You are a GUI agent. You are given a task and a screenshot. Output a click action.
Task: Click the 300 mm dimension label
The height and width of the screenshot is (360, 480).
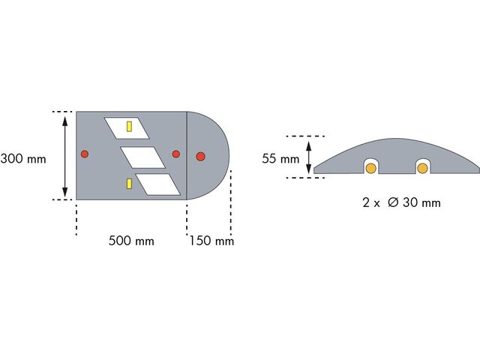(x=23, y=159)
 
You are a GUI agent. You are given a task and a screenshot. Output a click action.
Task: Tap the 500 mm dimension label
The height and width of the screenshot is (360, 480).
(x=131, y=241)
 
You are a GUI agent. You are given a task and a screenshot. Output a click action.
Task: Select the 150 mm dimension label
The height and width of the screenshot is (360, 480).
(x=211, y=241)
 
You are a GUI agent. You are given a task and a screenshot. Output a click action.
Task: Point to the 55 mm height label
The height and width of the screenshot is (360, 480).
(x=280, y=159)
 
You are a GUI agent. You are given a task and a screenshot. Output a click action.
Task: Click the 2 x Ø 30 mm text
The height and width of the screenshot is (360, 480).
(x=402, y=202)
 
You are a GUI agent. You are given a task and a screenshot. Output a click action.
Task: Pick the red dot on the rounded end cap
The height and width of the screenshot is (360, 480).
(x=200, y=157)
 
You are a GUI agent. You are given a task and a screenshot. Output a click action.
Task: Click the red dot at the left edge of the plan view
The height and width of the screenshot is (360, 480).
(x=85, y=154)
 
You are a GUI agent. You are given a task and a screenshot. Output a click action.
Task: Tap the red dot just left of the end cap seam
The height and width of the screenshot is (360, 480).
(x=176, y=154)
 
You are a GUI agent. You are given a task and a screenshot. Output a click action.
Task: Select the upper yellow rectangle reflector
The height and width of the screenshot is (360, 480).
(x=130, y=127)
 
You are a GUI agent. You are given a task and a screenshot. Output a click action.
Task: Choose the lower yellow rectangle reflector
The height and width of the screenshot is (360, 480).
(x=130, y=183)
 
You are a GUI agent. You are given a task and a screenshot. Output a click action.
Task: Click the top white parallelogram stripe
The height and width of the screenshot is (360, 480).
(x=127, y=128)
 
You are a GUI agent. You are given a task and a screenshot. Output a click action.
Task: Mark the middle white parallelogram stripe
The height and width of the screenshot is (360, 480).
(x=142, y=157)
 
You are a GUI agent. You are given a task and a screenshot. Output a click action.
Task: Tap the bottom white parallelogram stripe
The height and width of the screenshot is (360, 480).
(x=158, y=184)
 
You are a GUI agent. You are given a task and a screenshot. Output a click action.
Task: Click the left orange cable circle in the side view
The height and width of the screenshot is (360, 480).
(x=371, y=168)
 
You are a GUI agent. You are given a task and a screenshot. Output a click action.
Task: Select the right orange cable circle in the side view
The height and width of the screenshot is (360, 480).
(x=423, y=168)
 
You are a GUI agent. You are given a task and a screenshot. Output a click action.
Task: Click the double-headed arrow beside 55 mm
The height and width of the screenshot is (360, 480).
(x=309, y=157)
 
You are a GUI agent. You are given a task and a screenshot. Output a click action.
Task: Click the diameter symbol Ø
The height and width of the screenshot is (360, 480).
(x=393, y=202)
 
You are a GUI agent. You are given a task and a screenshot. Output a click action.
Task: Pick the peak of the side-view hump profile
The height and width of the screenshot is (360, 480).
(x=395, y=138)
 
